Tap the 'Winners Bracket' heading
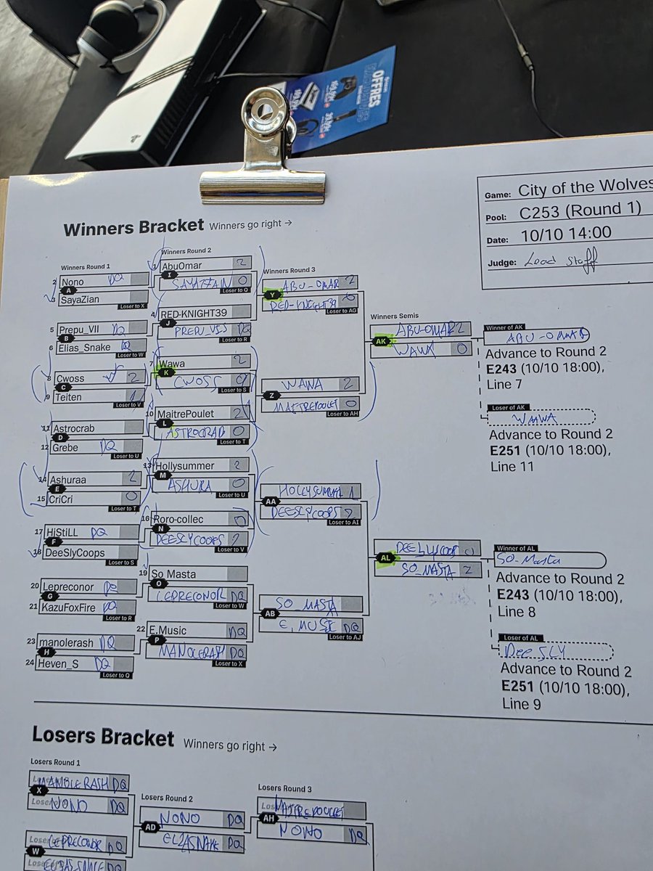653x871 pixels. click(134, 227)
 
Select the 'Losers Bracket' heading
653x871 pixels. click(103, 737)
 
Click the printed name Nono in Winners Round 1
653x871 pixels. click(72, 282)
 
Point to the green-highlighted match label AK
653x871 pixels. click(382, 340)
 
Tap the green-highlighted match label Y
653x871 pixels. click(273, 295)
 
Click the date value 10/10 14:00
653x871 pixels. click(565, 233)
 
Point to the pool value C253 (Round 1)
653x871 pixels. click(580, 210)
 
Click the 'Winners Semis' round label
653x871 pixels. click(394, 316)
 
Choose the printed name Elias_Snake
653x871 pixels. click(84, 348)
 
